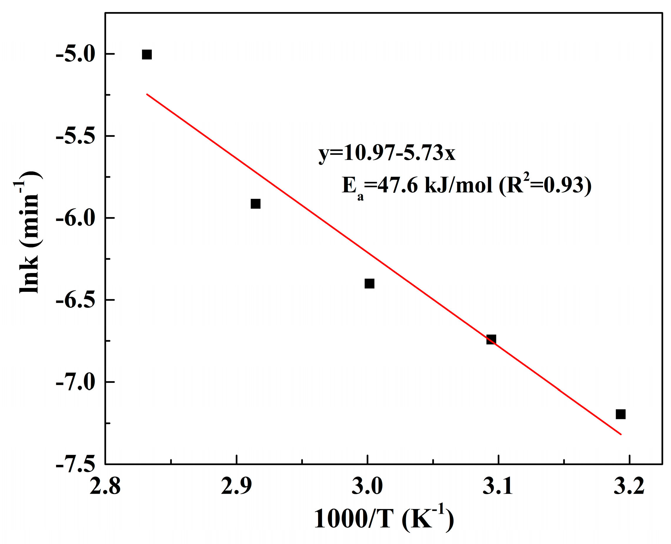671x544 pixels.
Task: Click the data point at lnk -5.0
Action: point(146,54)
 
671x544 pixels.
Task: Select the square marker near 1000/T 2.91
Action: point(256,204)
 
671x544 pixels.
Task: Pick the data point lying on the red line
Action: point(491,339)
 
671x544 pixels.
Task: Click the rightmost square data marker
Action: point(620,414)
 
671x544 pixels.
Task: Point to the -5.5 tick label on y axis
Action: point(75,137)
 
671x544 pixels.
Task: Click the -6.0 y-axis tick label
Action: point(75,218)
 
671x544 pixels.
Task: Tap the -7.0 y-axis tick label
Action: point(75,382)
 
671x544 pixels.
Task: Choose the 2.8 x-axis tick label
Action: point(105,487)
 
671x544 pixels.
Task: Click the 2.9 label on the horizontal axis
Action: point(236,487)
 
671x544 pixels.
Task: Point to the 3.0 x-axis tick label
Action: point(367,487)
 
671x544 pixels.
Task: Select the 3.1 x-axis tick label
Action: point(498,487)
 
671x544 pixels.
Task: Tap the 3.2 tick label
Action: point(629,487)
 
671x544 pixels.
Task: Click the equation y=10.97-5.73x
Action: point(387,154)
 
